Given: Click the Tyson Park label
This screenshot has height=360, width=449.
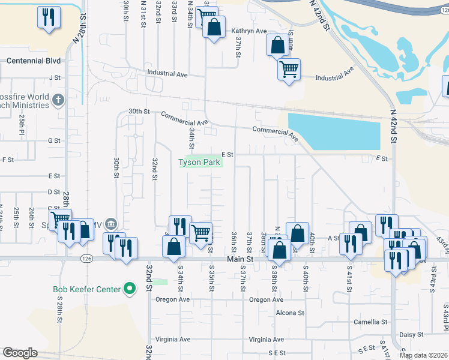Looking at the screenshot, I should (200, 162).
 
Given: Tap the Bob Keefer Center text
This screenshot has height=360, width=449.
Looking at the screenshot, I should (87, 289).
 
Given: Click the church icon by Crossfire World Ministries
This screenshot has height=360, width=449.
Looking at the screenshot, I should (58, 99).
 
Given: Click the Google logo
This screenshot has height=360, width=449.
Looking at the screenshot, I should (20, 353).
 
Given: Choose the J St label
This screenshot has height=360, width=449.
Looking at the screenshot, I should (55, 77).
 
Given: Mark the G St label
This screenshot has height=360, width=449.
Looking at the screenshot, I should (54, 140).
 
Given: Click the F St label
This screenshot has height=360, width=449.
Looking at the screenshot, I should (8, 160).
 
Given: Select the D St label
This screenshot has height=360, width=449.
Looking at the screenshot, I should (54, 192).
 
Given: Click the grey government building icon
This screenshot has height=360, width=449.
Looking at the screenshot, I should (111, 224).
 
